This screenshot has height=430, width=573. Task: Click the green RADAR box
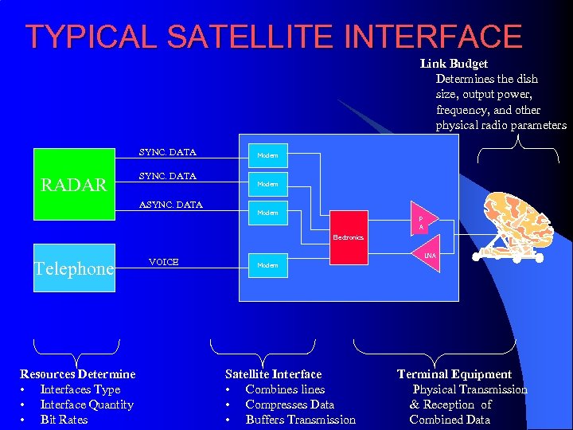point(74,183)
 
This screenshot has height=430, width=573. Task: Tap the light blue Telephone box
point(74,268)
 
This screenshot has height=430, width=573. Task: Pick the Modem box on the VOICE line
point(267,265)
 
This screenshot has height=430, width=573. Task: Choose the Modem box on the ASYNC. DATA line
point(267,213)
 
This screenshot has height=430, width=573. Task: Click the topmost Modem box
point(267,155)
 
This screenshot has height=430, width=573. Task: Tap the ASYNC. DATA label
point(170,205)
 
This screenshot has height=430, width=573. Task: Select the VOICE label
point(164,261)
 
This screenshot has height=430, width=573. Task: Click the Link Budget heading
point(454,64)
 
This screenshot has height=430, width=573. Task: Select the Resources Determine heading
point(77,374)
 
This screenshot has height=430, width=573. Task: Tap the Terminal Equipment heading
point(454,374)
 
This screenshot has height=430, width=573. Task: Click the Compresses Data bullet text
point(290,405)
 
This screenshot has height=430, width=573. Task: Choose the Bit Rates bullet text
point(64,420)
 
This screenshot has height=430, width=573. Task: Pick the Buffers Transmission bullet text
point(300,420)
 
